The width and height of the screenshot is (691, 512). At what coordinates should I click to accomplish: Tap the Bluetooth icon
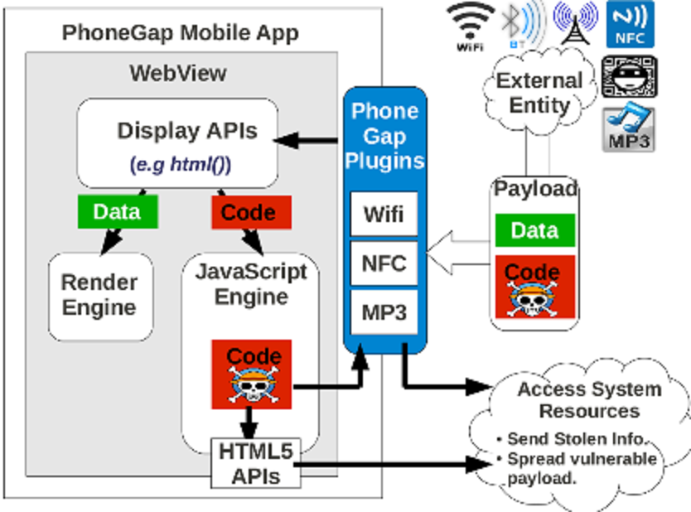coord(522,25)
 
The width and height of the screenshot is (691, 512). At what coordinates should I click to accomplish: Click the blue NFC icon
coord(631,24)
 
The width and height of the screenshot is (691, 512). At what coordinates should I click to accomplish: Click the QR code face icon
coord(630,78)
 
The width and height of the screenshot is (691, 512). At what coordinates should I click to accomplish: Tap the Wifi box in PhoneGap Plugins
coord(384,215)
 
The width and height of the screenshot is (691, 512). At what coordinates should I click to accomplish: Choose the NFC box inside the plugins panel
coord(384,263)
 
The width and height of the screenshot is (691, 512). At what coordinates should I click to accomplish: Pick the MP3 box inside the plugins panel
coord(384,312)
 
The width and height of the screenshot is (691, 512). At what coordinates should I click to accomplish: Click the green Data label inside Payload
coord(534,229)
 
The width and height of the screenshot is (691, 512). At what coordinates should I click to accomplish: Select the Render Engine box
coord(99,296)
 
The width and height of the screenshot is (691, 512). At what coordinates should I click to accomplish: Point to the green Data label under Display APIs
coord(116,211)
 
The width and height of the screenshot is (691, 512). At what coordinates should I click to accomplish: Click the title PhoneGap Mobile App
coord(180,34)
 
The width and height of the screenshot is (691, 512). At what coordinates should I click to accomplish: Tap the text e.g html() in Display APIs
coord(180,164)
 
